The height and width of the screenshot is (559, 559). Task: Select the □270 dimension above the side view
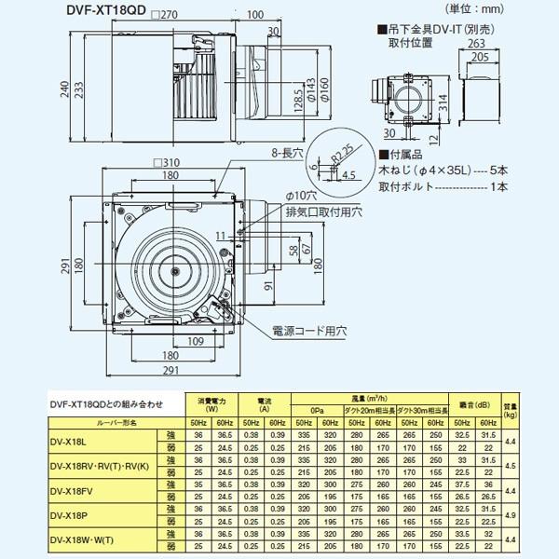[x=166, y=15]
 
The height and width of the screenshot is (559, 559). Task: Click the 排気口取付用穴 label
[x=313, y=211]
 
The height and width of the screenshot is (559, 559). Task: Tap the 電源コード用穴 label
[x=310, y=330]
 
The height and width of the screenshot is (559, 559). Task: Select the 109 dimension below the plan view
[x=197, y=342]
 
